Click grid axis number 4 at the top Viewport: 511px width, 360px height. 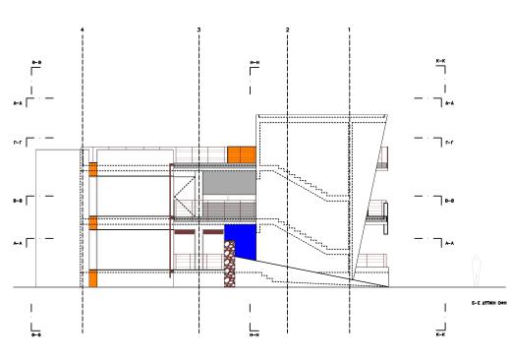pyautogui.click(x=83, y=30)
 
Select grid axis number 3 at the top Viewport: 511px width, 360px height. pyautogui.click(x=199, y=30)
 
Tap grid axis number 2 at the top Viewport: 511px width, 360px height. pyautogui.click(x=287, y=30)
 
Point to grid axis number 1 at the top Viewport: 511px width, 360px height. pyautogui.click(x=350, y=30)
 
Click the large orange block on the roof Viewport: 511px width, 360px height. pyautogui.click(x=242, y=154)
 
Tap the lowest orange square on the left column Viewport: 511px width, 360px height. pyautogui.click(x=93, y=278)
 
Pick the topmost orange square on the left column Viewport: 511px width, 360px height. pyautogui.click(x=93, y=169)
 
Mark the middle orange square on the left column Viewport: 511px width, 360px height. pyautogui.click(x=93, y=223)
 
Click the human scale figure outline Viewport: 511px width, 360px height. pyautogui.click(x=477, y=270)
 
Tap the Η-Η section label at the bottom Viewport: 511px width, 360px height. pyautogui.click(x=255, y=334)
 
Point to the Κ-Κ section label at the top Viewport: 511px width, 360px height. pyautogui.click(x=439, y=61)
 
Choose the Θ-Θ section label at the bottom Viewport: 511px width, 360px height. pyautogui.click(x=36, y=334)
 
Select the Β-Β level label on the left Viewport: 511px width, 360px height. pyautogui.click(x=18, y=201)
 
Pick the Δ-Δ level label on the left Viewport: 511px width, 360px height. pyautogui.click(x=18, y=101)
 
